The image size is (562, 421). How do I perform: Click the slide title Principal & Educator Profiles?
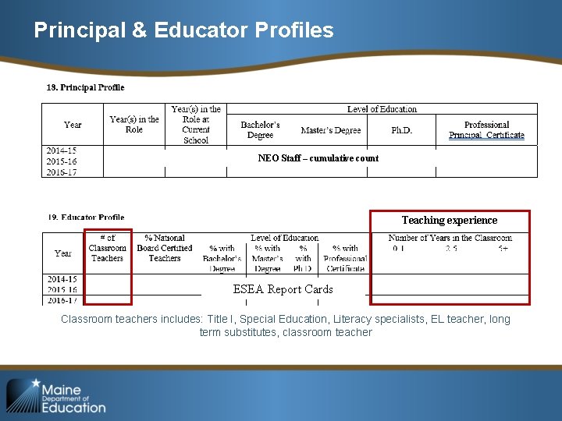coord(183,30)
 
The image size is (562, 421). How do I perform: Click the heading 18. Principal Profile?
coord(85,87)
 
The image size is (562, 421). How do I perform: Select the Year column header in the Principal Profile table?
coord(73,125)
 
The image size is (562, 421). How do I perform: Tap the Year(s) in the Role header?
coord(134,125)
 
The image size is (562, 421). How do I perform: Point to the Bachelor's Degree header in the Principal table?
coord(260,130)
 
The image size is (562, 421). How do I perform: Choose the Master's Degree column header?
coord(331,130)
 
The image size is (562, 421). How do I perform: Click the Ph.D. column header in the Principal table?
coord(401,130)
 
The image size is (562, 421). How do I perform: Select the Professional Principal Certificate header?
coord(486,130)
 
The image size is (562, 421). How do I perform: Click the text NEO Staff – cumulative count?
coord(318,158)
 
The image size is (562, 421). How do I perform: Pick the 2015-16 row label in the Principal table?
coord(62,161)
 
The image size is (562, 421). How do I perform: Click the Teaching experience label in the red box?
coord(449,221)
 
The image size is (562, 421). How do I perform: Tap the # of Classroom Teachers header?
coord(108,248)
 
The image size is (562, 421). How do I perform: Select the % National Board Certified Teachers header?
coord(165,248)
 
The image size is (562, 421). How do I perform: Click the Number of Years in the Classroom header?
coord(450,238)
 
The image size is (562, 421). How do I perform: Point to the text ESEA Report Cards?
coord(283,289)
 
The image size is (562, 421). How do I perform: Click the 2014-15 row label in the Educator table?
coord(62,279)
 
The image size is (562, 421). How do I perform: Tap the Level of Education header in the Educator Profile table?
coord(284,238)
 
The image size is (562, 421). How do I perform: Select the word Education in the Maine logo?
coord(73,407)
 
